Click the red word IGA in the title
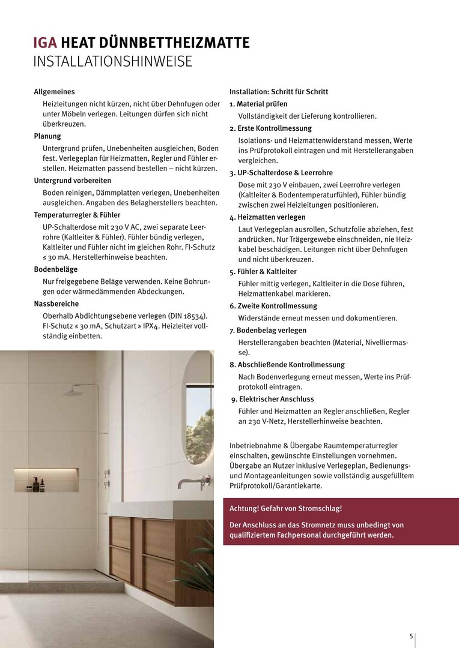point(46,43)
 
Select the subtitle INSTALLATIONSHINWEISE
point(113,61)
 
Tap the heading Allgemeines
point(55,92)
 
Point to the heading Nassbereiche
point(56,304)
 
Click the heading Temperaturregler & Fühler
point(78,214)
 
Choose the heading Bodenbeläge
point(56,269)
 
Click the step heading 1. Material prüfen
point(258,104)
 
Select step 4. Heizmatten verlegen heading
point(267,217)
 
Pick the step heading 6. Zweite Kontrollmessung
point(273,305)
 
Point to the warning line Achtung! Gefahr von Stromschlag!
point(286,508)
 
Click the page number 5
point(411,637)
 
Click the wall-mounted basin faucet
point(194,482)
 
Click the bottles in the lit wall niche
point(38,484)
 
